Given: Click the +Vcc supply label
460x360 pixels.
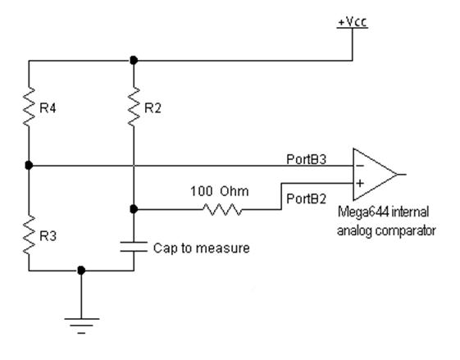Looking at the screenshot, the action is point(353,22).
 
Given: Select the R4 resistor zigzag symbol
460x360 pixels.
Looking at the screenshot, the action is point(29,107).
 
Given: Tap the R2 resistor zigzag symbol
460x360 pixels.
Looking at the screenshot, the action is point(134,107).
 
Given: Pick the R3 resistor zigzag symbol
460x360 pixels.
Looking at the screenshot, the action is point(29,235).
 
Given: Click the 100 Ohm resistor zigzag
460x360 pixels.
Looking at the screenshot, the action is point(222,209).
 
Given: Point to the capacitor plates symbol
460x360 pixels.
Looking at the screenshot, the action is point(134,247).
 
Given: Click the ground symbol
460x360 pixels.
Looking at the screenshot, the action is point(81,326).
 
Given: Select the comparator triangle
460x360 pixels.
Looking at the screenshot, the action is point(375,175).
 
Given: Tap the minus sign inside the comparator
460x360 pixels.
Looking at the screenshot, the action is point(360,166).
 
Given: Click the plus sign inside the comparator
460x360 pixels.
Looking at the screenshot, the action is point(360,184).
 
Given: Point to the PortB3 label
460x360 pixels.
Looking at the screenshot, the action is point(307,159).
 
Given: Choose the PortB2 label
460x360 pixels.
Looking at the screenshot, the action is point(307,199).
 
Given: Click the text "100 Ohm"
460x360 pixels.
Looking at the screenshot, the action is point(220,191).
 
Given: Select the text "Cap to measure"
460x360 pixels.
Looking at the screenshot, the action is point(202,248).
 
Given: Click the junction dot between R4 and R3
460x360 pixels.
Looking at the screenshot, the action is point(29,166).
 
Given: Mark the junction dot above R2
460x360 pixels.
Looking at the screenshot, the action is point(134,61).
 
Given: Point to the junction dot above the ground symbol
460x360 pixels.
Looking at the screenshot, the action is point(81,271).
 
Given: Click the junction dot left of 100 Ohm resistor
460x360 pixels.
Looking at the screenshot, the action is point(134,209).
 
